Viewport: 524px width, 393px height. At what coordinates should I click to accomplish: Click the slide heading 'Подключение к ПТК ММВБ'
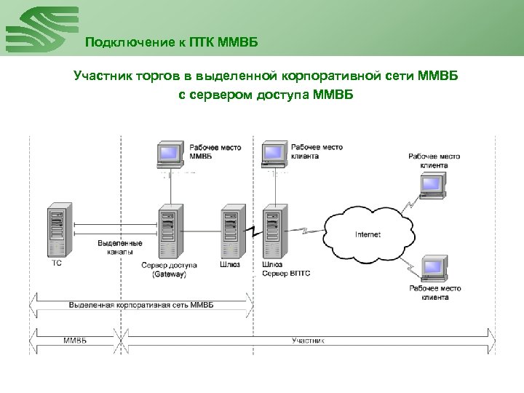pos(171,41)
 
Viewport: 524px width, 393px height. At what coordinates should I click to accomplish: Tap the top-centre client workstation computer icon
pos(273,154)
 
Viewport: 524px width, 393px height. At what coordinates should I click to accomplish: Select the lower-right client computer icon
pos(434,268)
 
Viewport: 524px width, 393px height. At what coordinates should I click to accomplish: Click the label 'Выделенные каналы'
pos(120,247)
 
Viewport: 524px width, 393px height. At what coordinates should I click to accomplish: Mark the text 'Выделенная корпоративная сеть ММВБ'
pos(138,303)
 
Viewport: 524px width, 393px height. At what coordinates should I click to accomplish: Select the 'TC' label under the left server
pos(57,264)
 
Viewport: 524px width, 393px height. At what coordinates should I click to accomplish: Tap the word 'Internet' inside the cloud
pos(368,234)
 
